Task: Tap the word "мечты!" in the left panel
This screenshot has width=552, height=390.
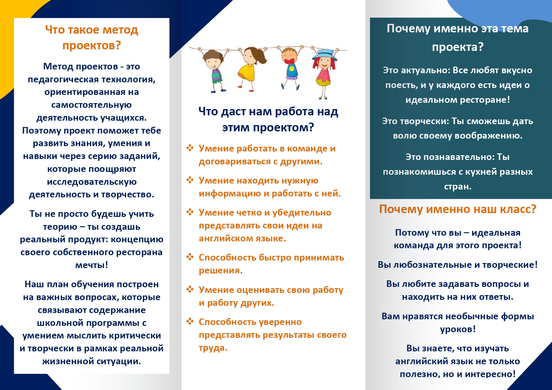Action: pos(92,265)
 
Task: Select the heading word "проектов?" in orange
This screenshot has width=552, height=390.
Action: pos(92,46)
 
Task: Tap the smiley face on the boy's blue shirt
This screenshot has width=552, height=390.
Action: pos(292,68)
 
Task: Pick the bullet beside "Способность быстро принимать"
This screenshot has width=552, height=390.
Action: pos(190,257)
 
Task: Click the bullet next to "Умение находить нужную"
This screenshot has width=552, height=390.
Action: pos(190,180)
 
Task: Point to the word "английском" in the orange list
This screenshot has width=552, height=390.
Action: pos(221,239)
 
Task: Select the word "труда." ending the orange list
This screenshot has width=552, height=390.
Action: pos(213,348)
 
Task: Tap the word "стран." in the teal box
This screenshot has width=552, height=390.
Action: pos(458,187)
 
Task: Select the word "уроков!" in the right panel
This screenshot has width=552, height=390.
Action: pos(458,329)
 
